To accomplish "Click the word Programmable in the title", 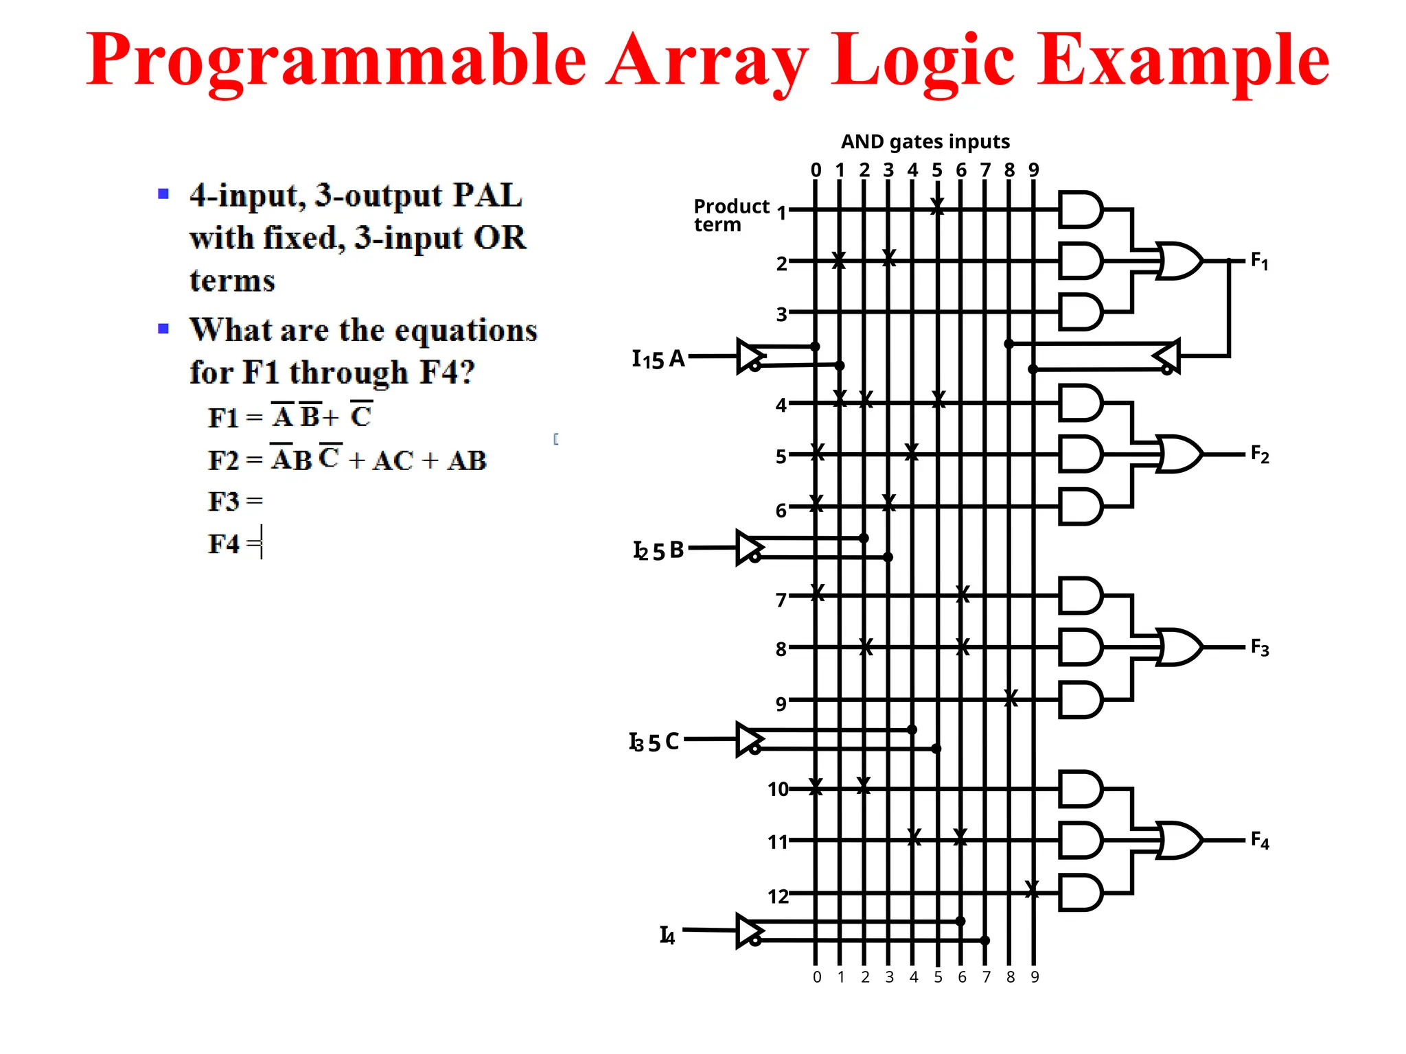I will coord(336,62).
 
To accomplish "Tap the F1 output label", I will coord(1259,261).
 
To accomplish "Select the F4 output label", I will coord(1259,840).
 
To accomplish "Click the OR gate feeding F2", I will coord(1179,454).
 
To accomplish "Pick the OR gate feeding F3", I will coord(1179,647).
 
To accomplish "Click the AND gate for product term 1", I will coord(1080,209).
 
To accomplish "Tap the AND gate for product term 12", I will coord(1080,892).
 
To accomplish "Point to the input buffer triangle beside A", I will coord(750,356).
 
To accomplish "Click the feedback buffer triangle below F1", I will coord(1167,357).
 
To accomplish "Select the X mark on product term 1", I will coord(937,206).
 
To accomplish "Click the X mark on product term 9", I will coord(1010,699).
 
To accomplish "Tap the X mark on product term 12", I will coord(1032,890).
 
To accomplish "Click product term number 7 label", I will coord(781,600).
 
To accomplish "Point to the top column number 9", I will coord(1033,170).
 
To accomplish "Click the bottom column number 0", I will coord(816,977).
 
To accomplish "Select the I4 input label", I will coord(667,935).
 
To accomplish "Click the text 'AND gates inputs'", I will coord(925,142).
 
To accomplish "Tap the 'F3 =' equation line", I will coord(235,502).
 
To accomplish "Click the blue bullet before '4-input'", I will coord(163,194).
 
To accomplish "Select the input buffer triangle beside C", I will coord(750,739).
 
